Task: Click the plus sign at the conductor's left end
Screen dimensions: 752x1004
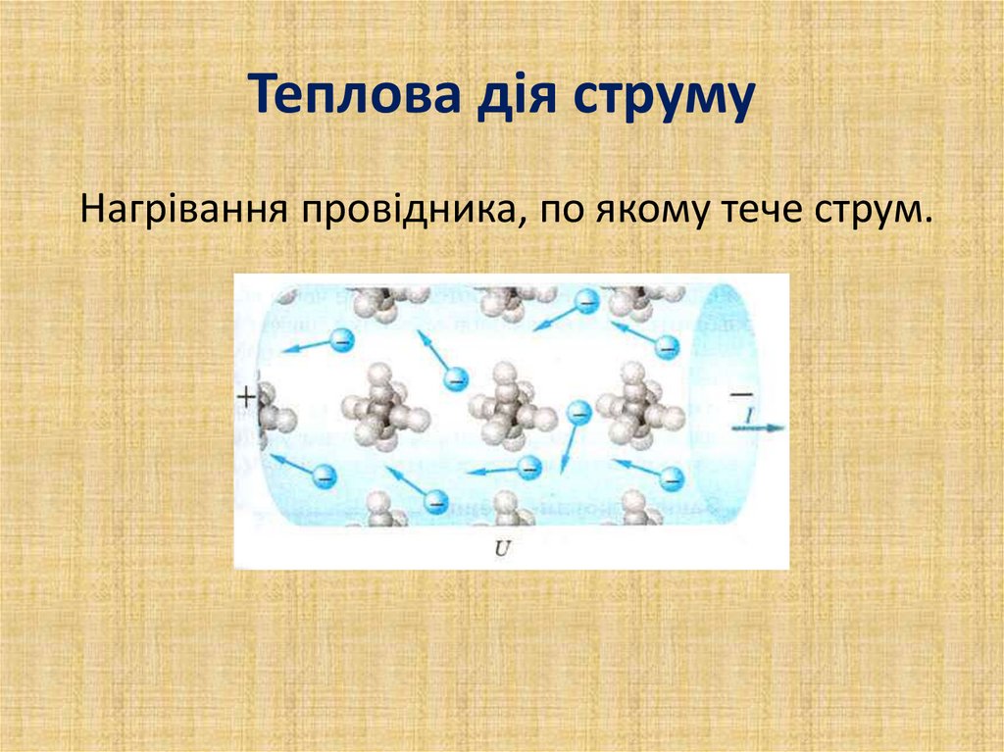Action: [x=245, y=397]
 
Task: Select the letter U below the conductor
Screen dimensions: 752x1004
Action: [x=503, y=550]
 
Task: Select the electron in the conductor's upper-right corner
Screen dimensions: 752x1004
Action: [x=667, y=347]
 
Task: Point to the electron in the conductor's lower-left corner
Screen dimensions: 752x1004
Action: [x=324, y=477]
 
